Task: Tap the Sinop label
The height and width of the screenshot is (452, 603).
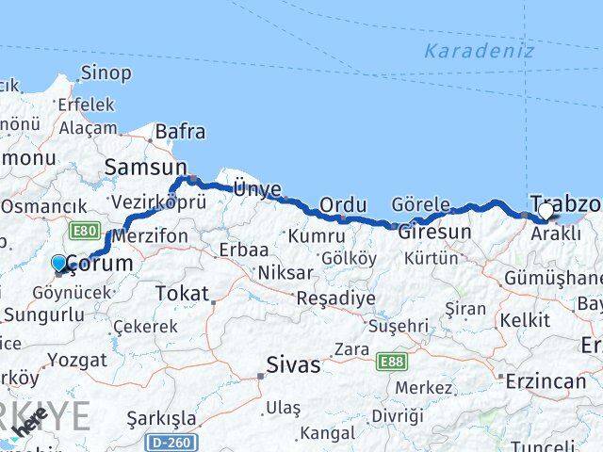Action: pos(106,72)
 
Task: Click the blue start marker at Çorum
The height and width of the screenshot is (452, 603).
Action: pos(59,264)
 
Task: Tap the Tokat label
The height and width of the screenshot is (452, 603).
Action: pos(182,294)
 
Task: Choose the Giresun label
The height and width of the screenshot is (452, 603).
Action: pos(434,232)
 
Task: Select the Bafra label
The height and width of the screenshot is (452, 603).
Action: pos(179,132)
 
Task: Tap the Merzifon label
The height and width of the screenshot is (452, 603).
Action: pos(150,237)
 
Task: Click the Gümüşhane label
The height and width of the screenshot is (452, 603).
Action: pos(552,278)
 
